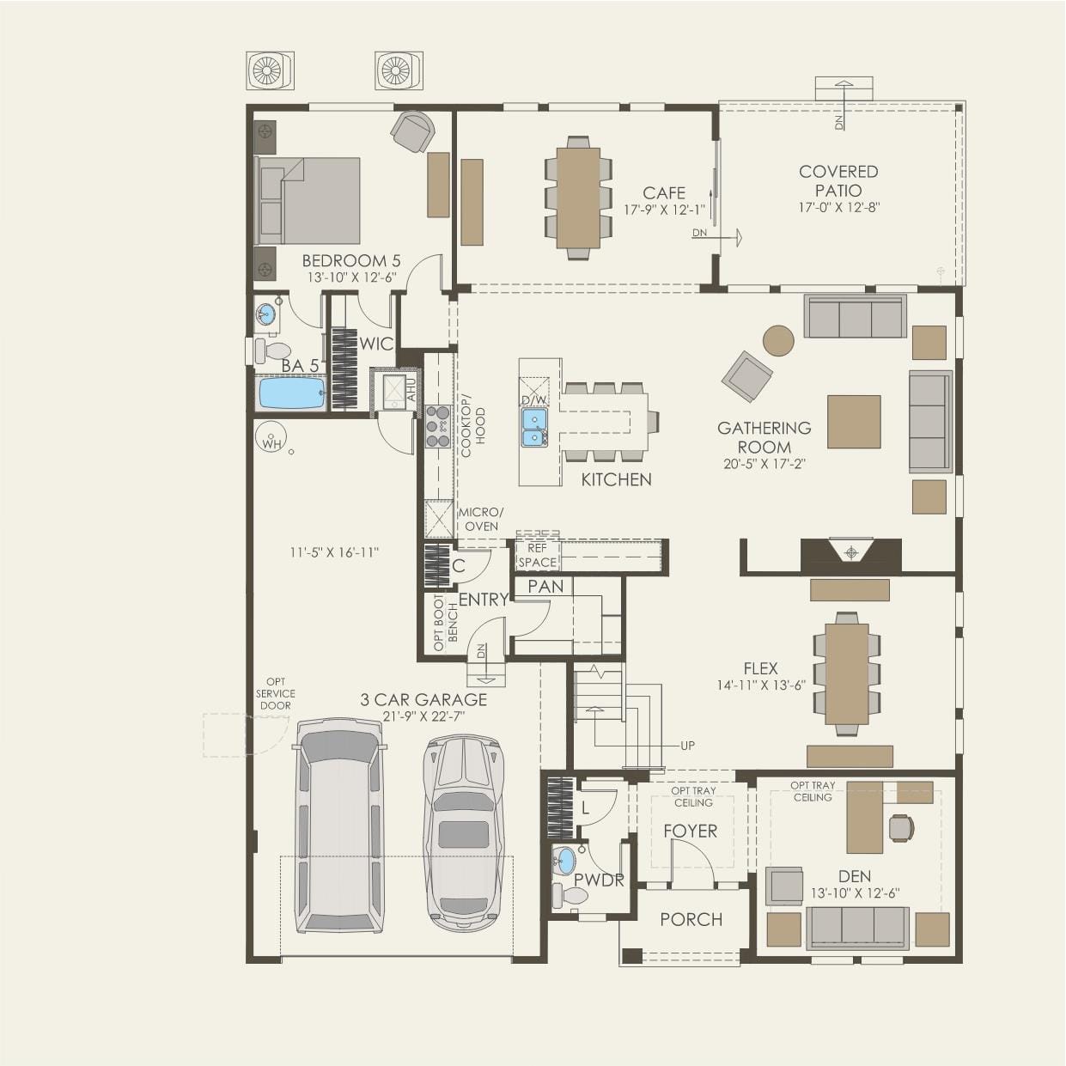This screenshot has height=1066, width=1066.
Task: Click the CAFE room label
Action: pyautogui.click(x=664, y=193)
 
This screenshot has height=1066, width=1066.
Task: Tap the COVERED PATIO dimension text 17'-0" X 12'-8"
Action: pyautogui.click(x=838, y=208)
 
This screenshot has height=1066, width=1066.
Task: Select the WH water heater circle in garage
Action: pyautogui.click(x=271, y=436)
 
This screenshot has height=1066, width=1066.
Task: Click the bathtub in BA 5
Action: pyautogui.click(x=292, y=393)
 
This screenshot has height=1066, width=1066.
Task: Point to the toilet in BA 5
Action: pyautogui.click(x=272, y=350)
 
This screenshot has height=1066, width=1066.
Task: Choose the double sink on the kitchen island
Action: pyautogui.click(x=533, y=427)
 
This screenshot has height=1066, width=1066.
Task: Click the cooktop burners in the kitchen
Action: pyautogui.click(x=439, y=427)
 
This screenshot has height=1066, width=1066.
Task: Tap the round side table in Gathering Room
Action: pyautogui.click(x=778, y=340)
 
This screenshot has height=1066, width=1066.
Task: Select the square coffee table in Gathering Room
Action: pyautogui.click(x=854, y=422)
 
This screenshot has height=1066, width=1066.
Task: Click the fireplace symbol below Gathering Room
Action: pyautogui.click(x=851, y=551)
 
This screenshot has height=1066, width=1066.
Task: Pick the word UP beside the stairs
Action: pyautogui.click(x=687, y=746)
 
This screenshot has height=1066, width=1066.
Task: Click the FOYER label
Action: pyautogui.click(x=691, y=831)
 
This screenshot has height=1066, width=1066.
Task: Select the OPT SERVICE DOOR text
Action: pyautogui.click(x=276, y=694)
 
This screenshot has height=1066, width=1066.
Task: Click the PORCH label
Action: pyautogui.click(x=691, y=919)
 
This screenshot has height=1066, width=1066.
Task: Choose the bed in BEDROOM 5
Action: pyautogui.click(x=307, y=200)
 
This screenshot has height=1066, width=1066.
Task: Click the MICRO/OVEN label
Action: pyautogui.click(x=481, y=520)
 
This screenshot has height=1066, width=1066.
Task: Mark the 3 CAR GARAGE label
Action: pyautogui.click(x=423, y=700)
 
